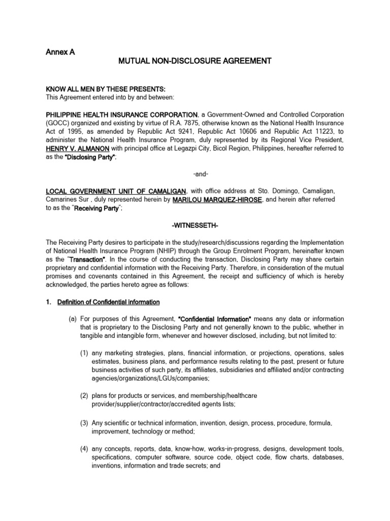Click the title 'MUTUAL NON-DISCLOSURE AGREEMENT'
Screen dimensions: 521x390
(195, 62)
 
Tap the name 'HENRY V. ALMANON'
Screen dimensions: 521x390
(75, 149)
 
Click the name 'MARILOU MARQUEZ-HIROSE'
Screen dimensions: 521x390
(217, 200)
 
